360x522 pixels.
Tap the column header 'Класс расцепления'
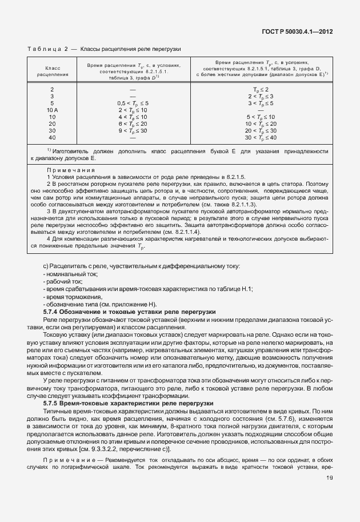point(52,71)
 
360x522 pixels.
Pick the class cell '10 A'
point(52,109)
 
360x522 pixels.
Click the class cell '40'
point(52,137)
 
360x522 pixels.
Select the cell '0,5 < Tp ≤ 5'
point(133,102)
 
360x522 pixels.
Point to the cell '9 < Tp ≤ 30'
point(133,130)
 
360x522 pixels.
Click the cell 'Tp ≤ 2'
point(260,89)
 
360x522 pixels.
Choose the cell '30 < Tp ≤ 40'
point(260,137)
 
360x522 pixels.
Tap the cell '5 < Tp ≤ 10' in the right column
point(260,117)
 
